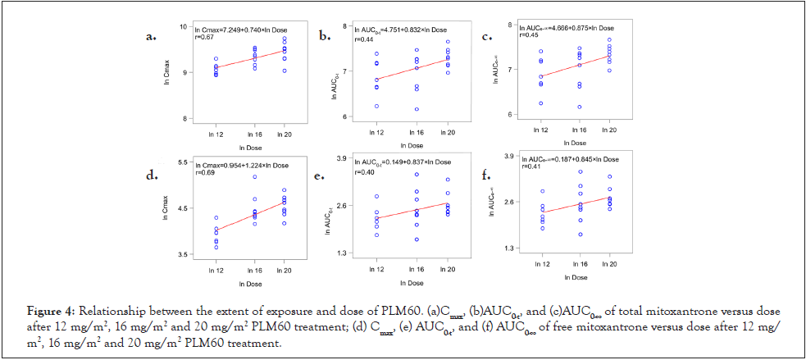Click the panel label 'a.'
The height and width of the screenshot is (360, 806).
[x=150, y=37]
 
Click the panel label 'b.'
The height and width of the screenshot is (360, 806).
[x=326, y=35]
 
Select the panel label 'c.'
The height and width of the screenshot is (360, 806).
[x=487, y=37]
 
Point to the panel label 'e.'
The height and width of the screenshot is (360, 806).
[x=324, y=176]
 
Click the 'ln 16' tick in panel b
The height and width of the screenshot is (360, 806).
[x=416, y=131]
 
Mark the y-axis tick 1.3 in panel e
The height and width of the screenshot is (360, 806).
[x=343, y=253]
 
